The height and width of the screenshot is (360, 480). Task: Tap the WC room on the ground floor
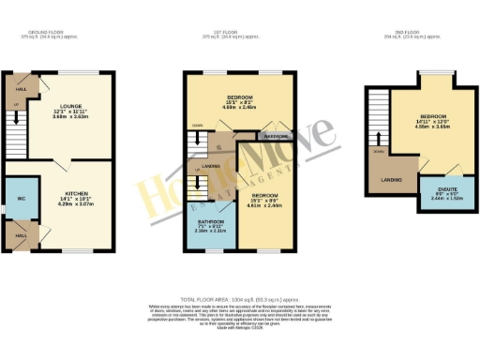click(17, 199)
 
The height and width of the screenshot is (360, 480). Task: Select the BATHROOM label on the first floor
click(211, 221)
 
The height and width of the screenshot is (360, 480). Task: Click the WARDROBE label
click(276, 135)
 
